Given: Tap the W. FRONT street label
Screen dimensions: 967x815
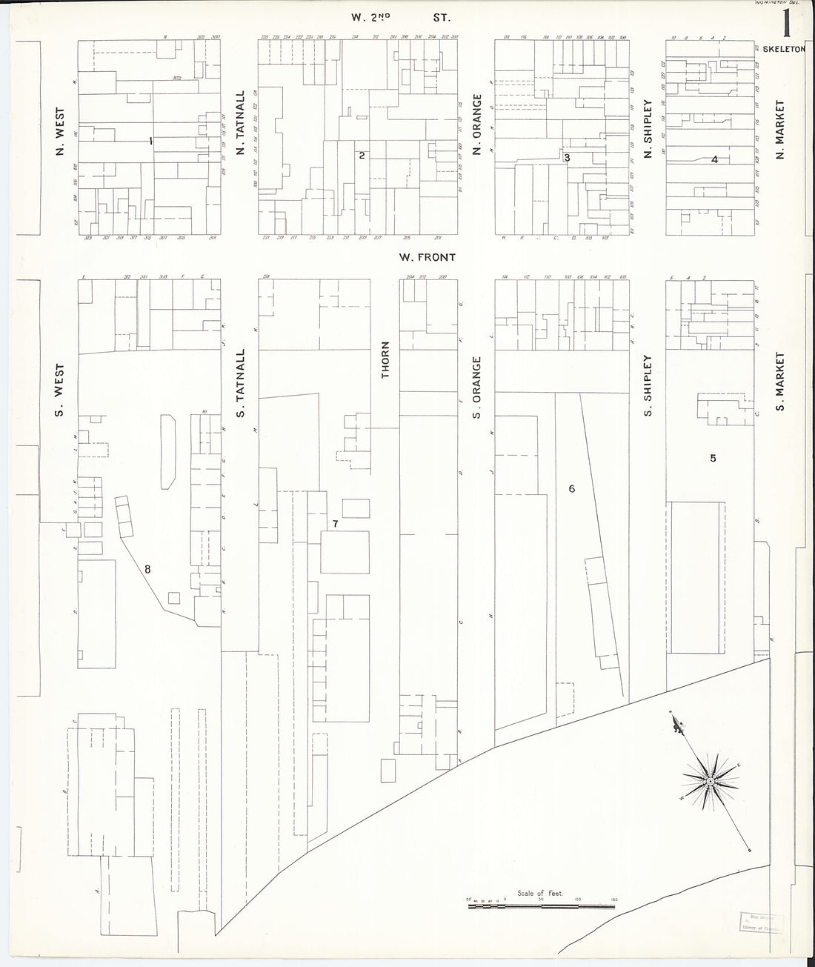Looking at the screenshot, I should pyautogui.click(x=425, y=258).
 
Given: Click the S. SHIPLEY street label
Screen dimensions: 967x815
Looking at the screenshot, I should pyautogui.click(x=648, y=385).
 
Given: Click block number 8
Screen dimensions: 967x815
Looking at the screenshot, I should pyautogui.click(x=148, y=569).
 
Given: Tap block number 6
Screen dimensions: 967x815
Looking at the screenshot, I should pyautogui.click(x=571, y=489).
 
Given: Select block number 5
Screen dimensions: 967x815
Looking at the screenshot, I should pyautogui.click(x=713, y=458).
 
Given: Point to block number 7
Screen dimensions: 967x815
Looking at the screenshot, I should pyautogui.click(x=335, y=524).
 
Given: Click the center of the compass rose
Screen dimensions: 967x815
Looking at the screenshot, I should pyautogui.click(x=711, y=781).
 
